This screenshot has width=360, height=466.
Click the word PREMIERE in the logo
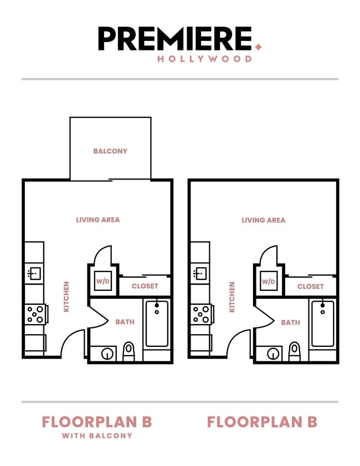click(x=175, y=39)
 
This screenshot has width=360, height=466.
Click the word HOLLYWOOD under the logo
click(x=204, y=59)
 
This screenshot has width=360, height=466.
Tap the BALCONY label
click(x=110, y=151)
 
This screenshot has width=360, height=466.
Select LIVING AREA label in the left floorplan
click(x=98, y=220)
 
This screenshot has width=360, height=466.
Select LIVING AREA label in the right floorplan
click(x=264, y=220)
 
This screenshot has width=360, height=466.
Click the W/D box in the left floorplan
click(x=103, y=281)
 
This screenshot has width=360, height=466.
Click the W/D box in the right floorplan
click(x=269, y=281)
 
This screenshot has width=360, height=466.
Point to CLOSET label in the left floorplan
click(x=145, y=286)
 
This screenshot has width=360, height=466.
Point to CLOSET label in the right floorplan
click(x=311, y=286)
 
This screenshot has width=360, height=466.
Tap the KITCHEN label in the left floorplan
click(x=66, y=296)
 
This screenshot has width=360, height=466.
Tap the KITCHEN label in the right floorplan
click(x=232, y=296)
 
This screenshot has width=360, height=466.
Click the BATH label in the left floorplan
click(x=125, y=322)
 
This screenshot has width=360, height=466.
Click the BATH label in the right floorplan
click(x=291, y=322)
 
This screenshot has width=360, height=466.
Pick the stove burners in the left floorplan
click(x=35, y=314)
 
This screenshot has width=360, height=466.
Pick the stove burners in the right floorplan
click(x=200, y=314)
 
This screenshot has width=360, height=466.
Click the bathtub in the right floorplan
click(x=322, y=324)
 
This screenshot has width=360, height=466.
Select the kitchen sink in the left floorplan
click(x=34, y=273)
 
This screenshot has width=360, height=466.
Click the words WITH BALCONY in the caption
click(x=97, y=436)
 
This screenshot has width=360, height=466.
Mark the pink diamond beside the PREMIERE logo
click(x=258, y=47)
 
